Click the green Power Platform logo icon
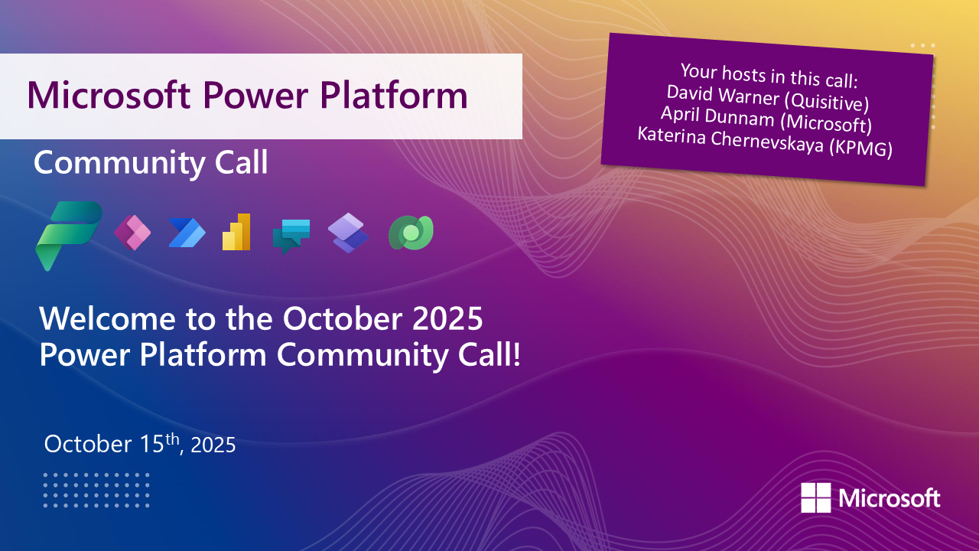69,236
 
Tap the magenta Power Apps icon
132,233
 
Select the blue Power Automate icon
187,233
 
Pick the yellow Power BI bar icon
236,232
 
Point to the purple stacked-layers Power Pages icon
348,233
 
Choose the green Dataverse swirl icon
411,233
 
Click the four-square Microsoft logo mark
815,497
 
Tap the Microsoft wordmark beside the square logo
890,498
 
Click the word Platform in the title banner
394,96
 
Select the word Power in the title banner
255,96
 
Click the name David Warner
723,95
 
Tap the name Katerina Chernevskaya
730,140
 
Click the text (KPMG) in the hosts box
860,148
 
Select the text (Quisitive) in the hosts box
826,102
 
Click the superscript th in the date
172,439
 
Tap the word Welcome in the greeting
108,318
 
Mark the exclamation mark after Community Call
517,354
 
